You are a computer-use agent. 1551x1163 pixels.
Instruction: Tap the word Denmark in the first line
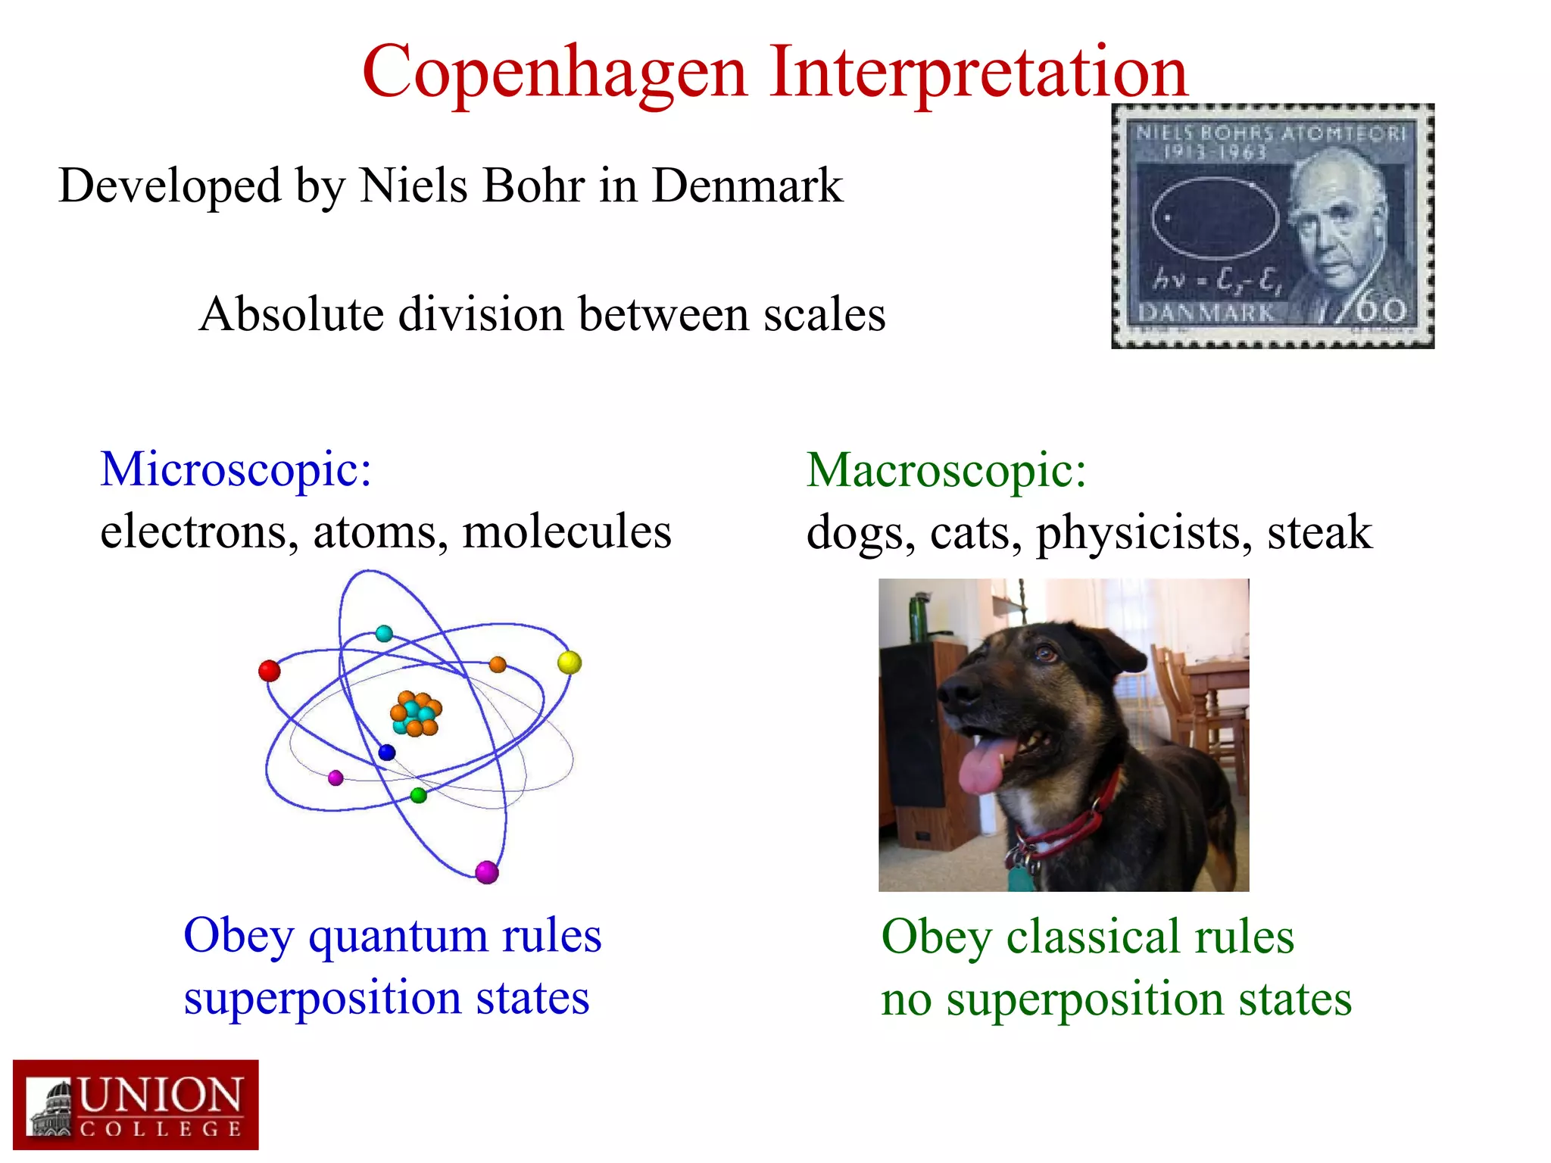(x=747, y=186)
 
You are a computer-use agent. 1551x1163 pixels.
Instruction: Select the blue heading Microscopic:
(x=236, y=469)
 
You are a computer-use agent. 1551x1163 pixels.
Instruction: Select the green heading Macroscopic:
(x=946, y=470)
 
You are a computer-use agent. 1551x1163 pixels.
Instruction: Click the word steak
(x=1319, y=532)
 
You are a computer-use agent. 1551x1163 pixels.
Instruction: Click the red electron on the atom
(x=270, y=671)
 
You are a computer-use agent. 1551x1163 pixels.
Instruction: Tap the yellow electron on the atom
(x=570, y=663)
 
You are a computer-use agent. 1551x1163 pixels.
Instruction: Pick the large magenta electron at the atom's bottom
(x=487, y=872)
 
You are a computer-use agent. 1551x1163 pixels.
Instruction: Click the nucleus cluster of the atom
(x=416, y=714)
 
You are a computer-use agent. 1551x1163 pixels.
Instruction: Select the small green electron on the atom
(x=419, y=795)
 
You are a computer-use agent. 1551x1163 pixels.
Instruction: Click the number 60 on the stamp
(x=1381, y=310)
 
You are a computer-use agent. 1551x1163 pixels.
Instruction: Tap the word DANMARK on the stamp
(x=1206, y=313)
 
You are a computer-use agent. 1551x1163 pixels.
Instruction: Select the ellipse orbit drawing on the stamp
(x=1214, y=218)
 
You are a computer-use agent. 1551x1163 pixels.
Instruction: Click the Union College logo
(x=136, y=1105)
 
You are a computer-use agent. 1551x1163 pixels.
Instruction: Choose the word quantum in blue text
(x=398, y=936)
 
